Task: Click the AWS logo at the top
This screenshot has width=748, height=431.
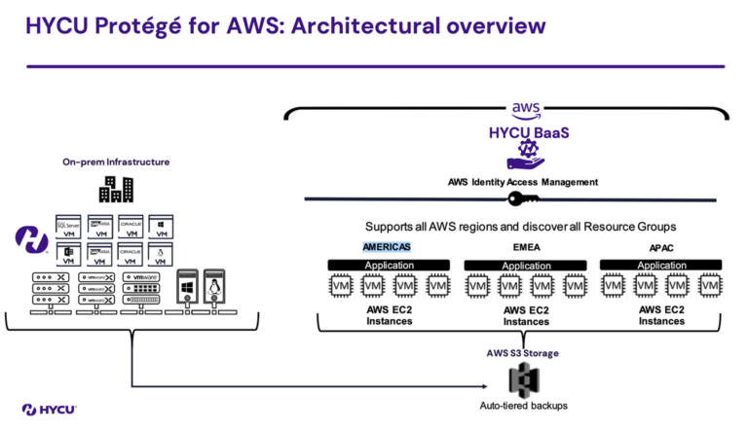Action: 524,112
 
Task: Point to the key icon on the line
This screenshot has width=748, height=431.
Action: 524,199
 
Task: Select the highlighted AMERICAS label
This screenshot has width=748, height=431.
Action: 387,246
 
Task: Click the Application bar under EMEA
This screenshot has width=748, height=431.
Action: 526,265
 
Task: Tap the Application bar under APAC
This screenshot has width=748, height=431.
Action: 661,265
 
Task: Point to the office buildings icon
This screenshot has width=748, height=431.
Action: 115,189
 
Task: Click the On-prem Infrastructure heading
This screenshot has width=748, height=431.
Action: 116,162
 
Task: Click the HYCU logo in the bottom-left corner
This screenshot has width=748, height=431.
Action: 50,409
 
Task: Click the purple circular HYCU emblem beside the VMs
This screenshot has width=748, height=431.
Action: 32,238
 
